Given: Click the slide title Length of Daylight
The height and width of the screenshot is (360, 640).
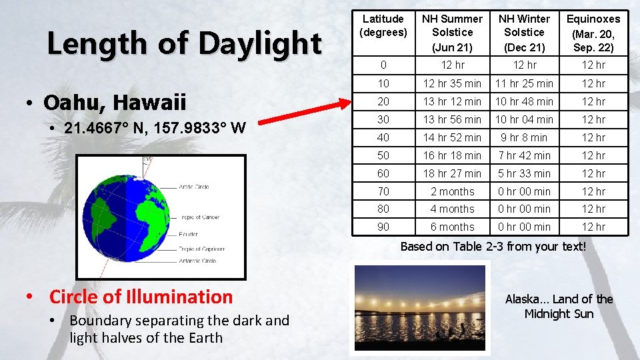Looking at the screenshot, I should coord(184,44).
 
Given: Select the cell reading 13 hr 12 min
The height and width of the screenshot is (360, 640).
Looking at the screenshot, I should coord(452,102).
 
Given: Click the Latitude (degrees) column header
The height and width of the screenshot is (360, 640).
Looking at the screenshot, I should coord(383,25).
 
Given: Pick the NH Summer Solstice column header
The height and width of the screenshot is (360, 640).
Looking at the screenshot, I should coord(452,32).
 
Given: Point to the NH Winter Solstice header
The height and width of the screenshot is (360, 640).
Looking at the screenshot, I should coord(524,32).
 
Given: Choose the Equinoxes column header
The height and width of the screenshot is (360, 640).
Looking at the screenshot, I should coord(593,32).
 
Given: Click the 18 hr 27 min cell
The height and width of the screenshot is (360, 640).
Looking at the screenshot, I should coord(452,173).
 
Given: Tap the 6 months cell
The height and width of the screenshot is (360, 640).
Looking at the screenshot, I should coord(452,227).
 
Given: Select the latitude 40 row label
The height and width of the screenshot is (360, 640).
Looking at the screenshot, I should coord(383,137).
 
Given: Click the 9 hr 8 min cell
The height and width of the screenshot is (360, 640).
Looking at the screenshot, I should coord(524,137).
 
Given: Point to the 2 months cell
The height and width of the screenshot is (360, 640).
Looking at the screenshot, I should coord(452,191).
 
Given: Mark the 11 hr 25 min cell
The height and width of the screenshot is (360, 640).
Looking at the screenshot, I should coord(524,84).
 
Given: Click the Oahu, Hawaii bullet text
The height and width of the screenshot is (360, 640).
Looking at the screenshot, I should coord(115,103).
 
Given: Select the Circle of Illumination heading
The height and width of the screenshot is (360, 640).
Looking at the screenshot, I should coord(141,297).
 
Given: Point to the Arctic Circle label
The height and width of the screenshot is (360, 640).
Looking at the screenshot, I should coord(194,187).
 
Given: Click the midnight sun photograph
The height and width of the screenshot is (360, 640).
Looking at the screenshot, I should coord(419,307).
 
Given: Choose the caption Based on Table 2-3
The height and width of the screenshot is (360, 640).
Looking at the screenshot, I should coord(493,247).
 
